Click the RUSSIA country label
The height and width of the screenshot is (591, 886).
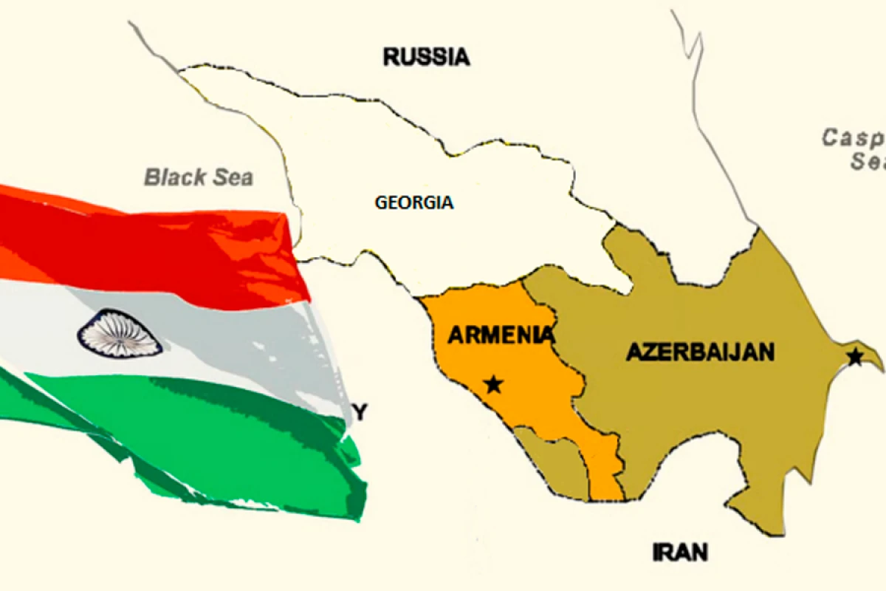click(x=426, y=57)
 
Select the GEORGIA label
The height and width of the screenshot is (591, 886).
click(x=414, y=202)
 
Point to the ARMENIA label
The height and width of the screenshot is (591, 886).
click(x=501, y=335)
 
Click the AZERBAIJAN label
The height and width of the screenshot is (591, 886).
click(x=700, y=352)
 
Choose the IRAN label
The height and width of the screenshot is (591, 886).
click(x=680, y=551)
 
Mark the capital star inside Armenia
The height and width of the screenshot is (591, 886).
click(x=494, y=384)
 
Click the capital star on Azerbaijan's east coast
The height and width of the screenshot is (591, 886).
click(x=854, y=358)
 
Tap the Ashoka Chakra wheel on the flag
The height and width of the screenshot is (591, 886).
click(x=120, y=333)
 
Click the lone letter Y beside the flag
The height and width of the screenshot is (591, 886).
click(x=360, y=413)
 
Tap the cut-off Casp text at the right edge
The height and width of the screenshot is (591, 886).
click(x=854, y=137)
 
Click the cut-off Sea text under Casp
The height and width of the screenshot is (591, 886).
click(x=866, y=161)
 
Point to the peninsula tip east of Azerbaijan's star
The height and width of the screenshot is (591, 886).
click(x=877, y=363)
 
